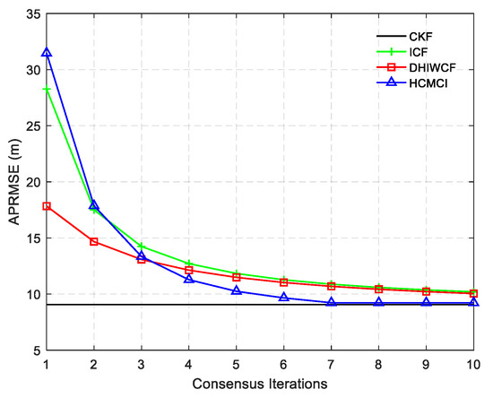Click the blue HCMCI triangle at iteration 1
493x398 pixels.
[x=46, y=53]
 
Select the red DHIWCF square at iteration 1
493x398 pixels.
[x=46, y=205]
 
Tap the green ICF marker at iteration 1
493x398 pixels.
[x=46, y=90]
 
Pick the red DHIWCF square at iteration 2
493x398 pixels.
[x=93, y=241]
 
